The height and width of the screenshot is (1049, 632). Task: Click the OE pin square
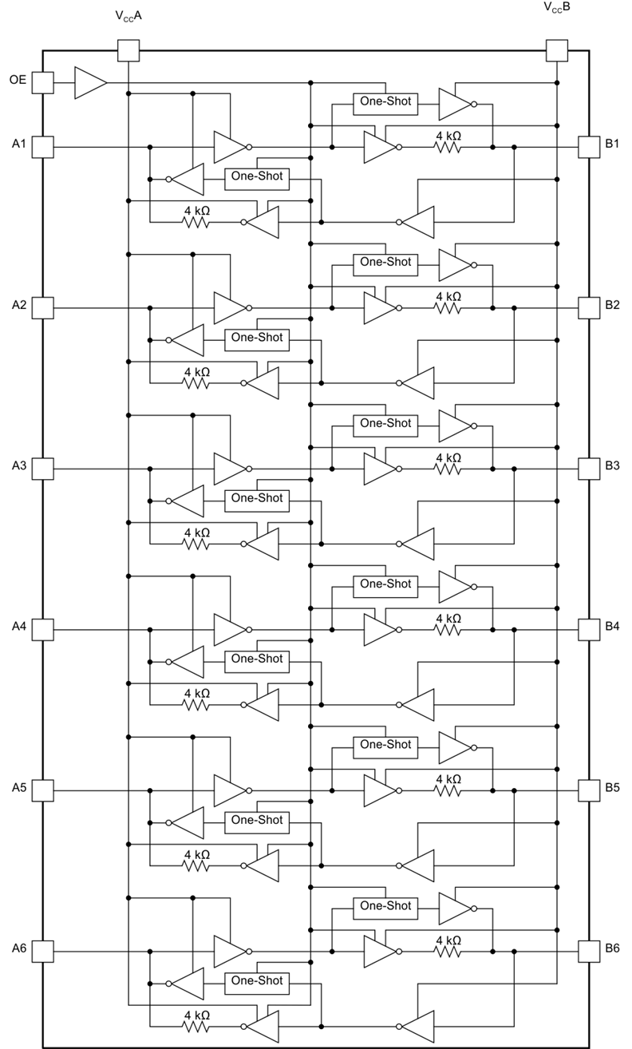(42, 83)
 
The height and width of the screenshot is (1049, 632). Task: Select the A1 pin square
(42, 147)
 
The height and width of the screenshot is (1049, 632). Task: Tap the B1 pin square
(589, 147)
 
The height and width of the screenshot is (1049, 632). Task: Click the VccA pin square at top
(128, 50)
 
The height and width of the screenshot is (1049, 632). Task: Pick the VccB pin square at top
(557, 50)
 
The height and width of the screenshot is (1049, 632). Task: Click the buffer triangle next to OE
(91, 83)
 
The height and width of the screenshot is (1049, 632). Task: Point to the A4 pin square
(42, 630)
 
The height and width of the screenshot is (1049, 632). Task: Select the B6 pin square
(589, 952)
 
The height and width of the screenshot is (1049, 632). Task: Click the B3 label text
(612, 465)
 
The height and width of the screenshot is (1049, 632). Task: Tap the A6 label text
(19, 948)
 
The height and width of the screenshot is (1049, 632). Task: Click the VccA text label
(128, 16)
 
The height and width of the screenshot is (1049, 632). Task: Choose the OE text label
(18, 80)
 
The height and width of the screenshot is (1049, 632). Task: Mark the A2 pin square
(42, 308)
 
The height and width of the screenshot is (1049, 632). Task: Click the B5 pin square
(589, 790)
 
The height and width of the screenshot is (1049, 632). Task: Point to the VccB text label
(557, 7)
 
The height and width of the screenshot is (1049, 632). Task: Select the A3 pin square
(42, 469)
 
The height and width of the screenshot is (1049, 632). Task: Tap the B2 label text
(612, 305)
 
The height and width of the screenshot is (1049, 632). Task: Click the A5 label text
(19, 787)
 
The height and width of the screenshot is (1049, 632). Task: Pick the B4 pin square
(589, 630)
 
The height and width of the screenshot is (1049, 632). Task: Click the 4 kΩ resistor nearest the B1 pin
(448, 148)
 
